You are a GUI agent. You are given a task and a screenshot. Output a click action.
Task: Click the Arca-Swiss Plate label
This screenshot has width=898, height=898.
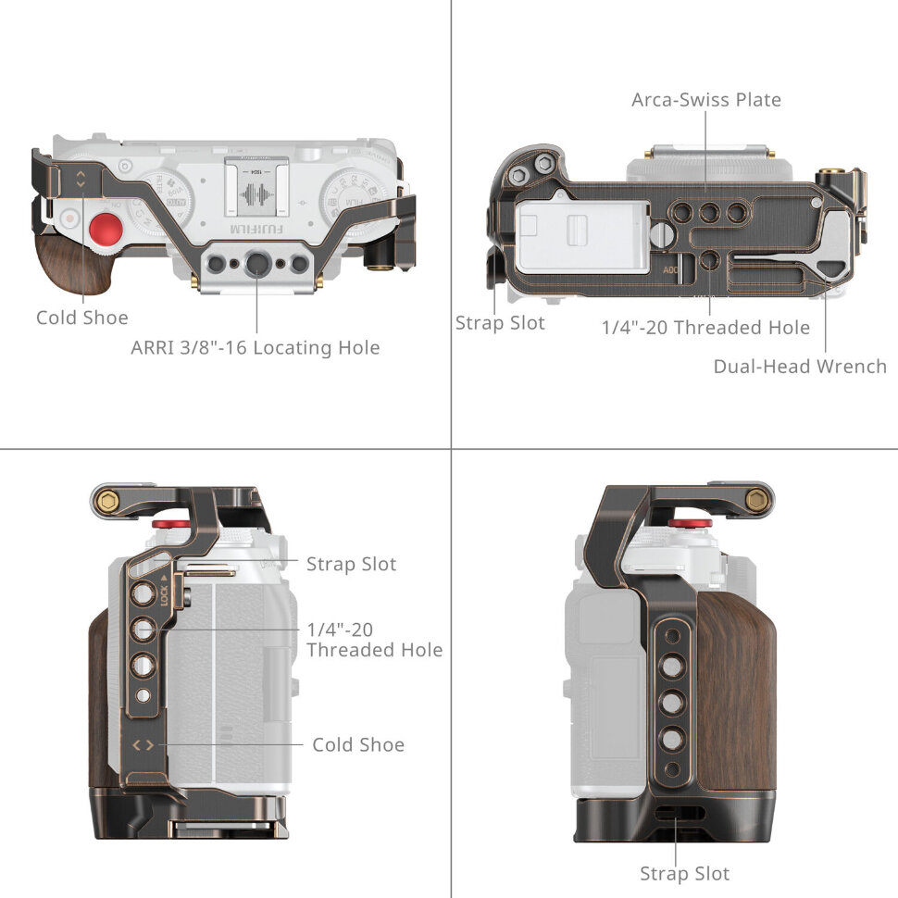705,99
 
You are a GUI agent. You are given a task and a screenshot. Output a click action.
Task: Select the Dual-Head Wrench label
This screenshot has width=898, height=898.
799,366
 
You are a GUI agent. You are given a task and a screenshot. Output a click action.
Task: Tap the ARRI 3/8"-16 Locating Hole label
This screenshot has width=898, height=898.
256,348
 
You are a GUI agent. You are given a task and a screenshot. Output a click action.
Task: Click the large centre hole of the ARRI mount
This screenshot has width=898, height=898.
256,266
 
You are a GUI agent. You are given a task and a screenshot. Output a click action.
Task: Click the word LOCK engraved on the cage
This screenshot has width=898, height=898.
164,594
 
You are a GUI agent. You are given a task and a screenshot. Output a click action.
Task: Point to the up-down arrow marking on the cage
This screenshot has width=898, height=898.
81,179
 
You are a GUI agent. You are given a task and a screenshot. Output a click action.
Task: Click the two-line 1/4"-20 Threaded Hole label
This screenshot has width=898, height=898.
373,639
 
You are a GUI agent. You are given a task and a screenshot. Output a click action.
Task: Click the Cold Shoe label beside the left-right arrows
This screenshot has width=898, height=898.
357,744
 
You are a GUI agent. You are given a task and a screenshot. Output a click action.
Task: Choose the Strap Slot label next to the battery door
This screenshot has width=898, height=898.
500,322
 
